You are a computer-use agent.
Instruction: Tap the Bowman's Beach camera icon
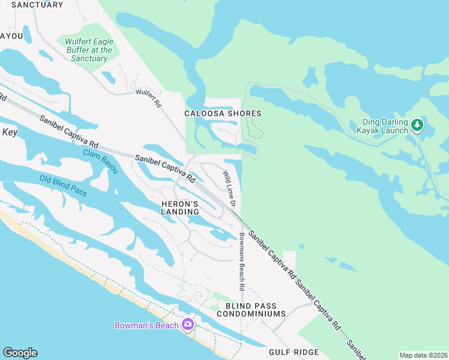click(x=188, y=325)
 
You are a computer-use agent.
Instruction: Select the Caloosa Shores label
click(x=223, y=113)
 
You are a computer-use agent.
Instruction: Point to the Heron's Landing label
click(x=180, y=208)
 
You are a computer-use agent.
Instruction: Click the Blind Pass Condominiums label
click(x=251, y=310)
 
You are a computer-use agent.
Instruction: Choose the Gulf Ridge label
click(x=294, y=352)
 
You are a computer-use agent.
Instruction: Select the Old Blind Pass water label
click(x=63, y=186)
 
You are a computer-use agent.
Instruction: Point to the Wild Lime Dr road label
click(x=228, y=185)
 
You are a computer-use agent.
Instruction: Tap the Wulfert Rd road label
click(x=149, y=98)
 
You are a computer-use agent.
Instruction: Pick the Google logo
click(x=20, y=353)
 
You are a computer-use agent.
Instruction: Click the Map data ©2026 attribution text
click(x=423, y=355)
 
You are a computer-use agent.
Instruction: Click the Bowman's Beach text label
click(x=147, y=325)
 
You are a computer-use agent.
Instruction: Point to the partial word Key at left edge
click(x=10, y=133)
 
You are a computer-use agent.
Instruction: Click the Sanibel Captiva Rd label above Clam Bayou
click(x=69, y=132)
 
